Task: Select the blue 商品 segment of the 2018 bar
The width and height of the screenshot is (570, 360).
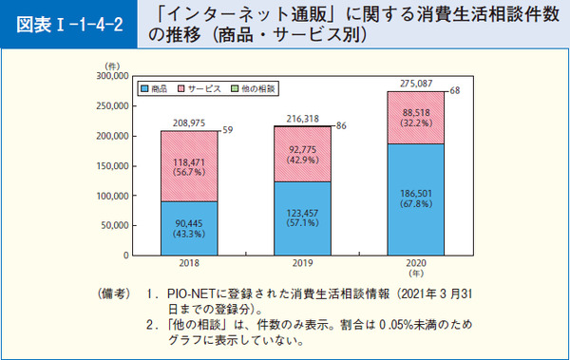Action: pos(189,228)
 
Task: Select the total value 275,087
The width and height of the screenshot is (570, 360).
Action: pos(415,85)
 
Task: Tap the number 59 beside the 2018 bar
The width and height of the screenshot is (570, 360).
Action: pos(228,129)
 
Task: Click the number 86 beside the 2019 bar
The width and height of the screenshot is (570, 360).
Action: pos(341,125)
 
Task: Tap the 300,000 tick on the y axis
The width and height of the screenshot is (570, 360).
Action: pos(112,75)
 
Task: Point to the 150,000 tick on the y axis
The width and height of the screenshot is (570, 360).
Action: pos(112,165)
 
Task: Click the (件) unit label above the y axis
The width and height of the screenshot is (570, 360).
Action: pos(113,64)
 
